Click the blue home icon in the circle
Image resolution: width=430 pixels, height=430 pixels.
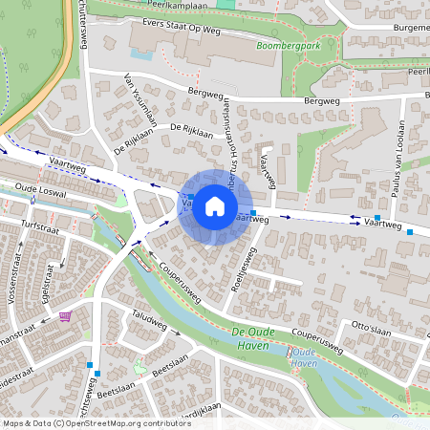[x=215, y=205]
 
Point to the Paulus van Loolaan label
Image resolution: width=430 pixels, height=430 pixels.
[x=392, y=177]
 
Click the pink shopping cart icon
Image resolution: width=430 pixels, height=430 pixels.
[x=65, y=316]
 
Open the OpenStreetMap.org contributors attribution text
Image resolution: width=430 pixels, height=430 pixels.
[x=97, y=422]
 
